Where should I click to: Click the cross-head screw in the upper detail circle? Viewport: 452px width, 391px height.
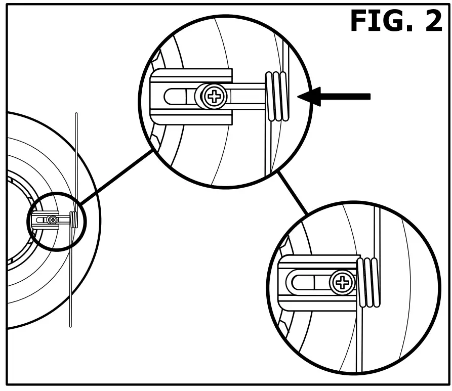(215, 96)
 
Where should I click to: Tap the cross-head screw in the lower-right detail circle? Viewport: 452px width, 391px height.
(342, 282)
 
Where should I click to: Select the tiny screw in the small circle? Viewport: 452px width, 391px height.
(53, 220)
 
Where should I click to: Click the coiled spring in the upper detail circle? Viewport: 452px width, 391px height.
(277, 96)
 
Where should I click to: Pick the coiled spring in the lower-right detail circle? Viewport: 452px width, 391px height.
(368, 282)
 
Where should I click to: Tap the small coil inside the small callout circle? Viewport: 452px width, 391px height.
(74, 220)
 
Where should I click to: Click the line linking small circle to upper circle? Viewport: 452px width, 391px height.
(116, 175)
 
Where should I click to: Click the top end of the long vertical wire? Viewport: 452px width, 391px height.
(76, 115)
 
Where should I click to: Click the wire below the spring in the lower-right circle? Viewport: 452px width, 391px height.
(359, 339)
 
